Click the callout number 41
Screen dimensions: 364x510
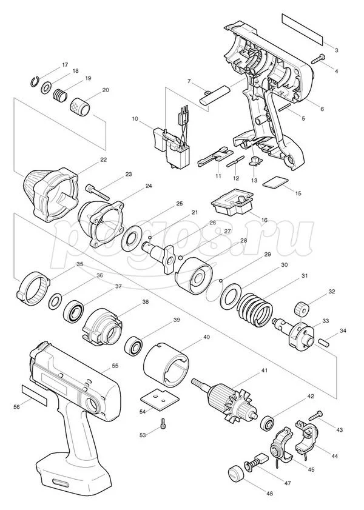point(265,371)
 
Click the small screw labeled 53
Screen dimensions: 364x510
point(164,424)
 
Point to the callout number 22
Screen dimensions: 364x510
point(104,159)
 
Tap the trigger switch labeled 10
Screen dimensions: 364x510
point(172,144)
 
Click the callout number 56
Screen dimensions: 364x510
point(18,406)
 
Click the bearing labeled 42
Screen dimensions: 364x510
point(268,422)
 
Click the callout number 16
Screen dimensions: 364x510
point(264,220)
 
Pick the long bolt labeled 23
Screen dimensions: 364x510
point(98,191)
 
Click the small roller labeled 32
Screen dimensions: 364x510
point(301,308)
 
